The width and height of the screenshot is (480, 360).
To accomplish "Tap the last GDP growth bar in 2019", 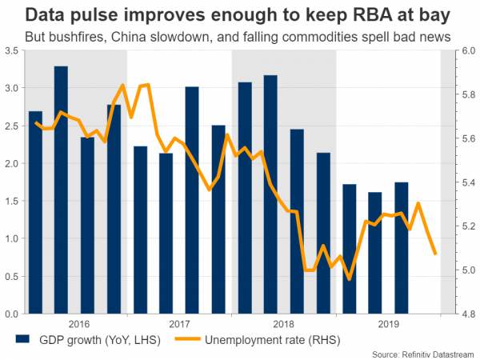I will (402, 247).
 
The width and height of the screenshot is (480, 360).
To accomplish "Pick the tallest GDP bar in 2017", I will (192, 199).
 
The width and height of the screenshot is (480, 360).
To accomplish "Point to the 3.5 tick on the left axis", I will (12, 50).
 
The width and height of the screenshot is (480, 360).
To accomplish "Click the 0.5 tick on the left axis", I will (12, 276).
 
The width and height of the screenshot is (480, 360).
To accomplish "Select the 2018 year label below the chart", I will (283, 325).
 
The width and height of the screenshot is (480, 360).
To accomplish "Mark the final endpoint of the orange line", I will (435, 254).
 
